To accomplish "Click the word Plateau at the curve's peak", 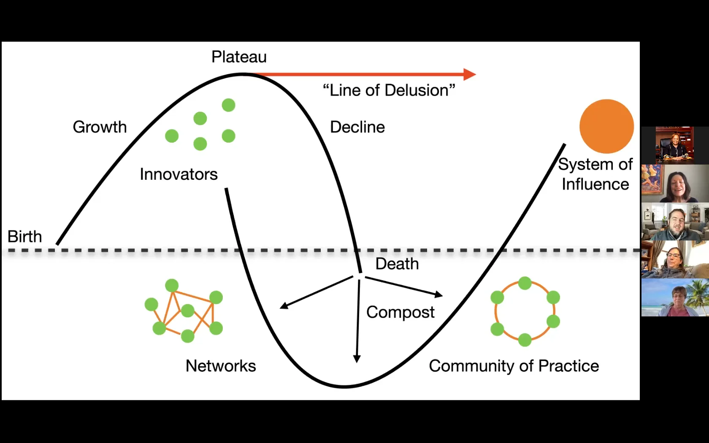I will [x=239, y=57].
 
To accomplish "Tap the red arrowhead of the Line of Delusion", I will [x=470, y=74].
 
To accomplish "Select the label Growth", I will [x=100, y=127].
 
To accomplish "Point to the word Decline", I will [x=357, y=127].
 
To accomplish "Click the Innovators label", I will [x=179, y=174].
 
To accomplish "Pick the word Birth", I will [x=25, y=237].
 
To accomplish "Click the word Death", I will [x=397, y=264].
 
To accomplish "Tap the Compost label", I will [x=400, y=312].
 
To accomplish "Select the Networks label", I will [x=221, y=366].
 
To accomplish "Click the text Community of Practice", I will [x=514, y=366].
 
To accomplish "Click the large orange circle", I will [x=606, y=126].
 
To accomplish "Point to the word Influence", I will [x=595, y=184].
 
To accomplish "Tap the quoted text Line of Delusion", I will [x=389, y=90].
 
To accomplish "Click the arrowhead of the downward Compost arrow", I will [x=357, y=359].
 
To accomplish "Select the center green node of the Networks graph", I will [x=187, y=311].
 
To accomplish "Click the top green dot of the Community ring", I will [x=525, y=283].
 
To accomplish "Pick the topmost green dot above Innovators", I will [x=228, y=105].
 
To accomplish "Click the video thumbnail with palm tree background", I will [x=675, y=297].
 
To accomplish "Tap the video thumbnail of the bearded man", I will [x=675, y=221].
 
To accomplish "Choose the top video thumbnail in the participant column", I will [x=675, y=145].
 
